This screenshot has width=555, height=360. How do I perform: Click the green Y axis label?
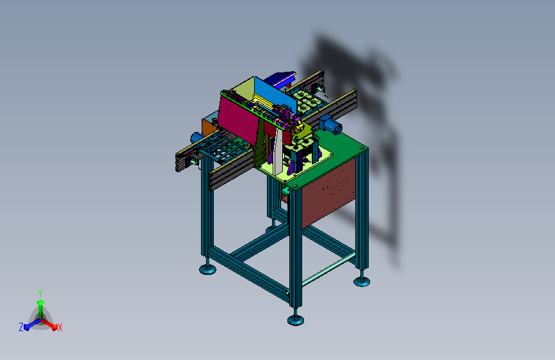click(x=40, y=293)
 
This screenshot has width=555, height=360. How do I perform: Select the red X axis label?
click(x=60, y=327)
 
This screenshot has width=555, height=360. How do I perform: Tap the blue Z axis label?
click(x=21, y=327)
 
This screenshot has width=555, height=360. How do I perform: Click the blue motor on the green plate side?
click(x=330, y=125)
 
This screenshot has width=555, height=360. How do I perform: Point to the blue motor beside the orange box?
click(x=196, y=138)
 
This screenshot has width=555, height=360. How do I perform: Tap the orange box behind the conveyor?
click(x=208, y=127)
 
